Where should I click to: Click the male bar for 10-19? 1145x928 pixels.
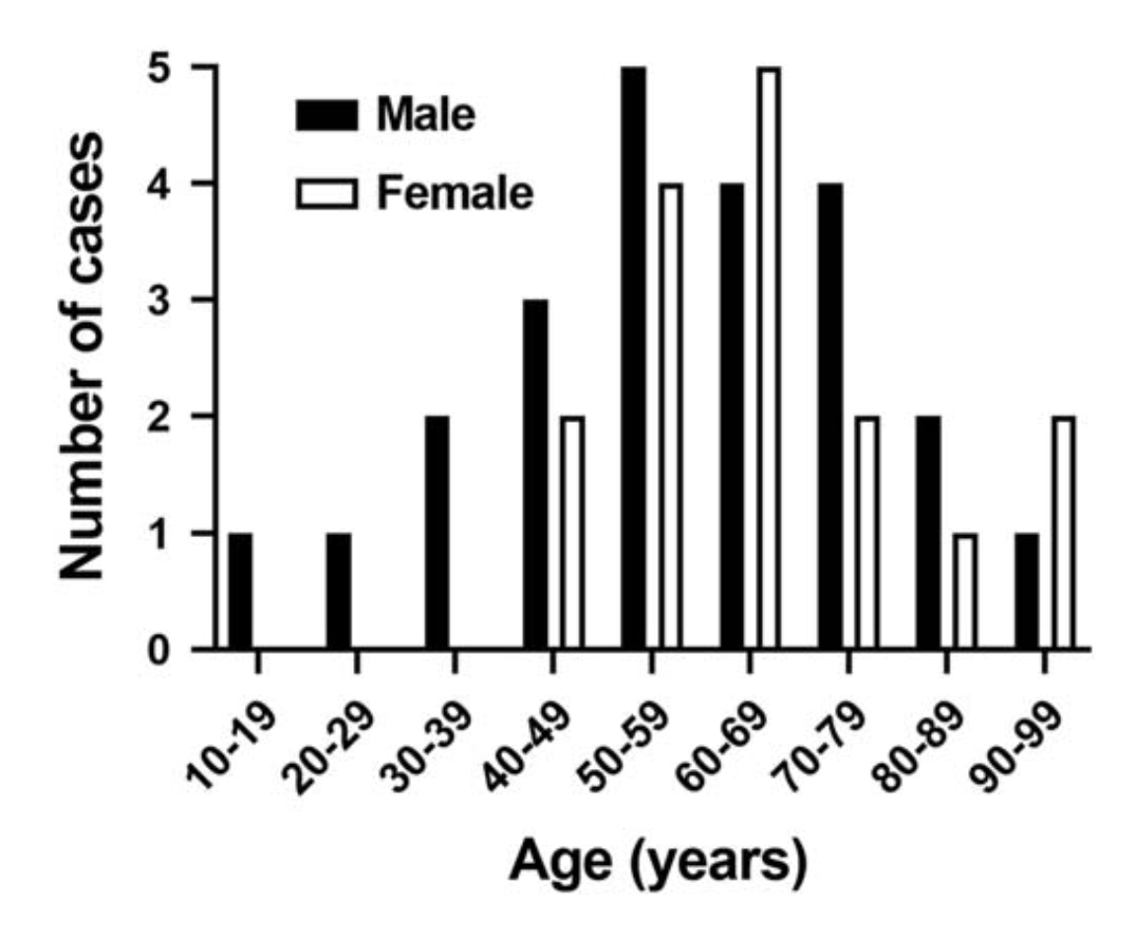click(x=240, y=590)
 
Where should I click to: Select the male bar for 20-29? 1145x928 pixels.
click(x=339, y=590)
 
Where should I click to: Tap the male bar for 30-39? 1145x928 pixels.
click(x=437, y=532)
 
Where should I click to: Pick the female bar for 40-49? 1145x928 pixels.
click(x=571, y=532)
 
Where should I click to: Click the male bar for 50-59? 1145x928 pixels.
click(x=634, y=357)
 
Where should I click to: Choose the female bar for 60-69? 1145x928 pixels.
click(x=767, y=357)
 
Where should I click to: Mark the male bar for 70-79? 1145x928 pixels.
click(x=830, y=416)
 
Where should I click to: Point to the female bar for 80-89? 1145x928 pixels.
click(x=963, y=590)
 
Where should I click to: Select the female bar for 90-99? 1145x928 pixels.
click(x=1062, y=532)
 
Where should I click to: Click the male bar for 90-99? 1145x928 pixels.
click(x=1028, y=590)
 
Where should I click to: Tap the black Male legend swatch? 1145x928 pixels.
click(x=326, y=116)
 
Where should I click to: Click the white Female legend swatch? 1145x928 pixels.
click(x=326, y=193)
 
